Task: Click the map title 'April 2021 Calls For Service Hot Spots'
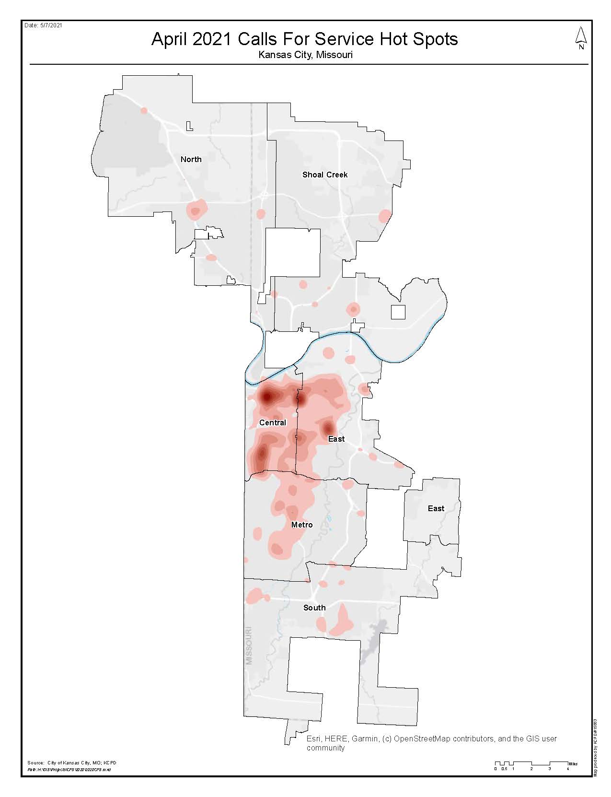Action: click(304, 39)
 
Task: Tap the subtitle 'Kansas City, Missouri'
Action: click(305, 55)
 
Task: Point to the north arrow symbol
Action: click(581, 38)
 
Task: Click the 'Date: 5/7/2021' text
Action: click(43, 25)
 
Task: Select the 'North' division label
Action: click(191, 159)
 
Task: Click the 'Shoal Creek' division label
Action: click(324, 175)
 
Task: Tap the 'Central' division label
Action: click(272, 422)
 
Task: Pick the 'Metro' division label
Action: click(301, 525)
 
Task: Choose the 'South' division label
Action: click(314, 608)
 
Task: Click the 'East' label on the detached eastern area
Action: click(436, 508)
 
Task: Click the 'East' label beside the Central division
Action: click(336, 439)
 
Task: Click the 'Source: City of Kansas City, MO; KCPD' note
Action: click(72, 762)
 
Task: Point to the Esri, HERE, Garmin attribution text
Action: click(431, 743)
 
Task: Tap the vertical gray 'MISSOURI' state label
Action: click(249, 645)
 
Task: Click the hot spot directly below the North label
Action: click(195, 210)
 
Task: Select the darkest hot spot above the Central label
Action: click(266, 397)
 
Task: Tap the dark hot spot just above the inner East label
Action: click(328, 427)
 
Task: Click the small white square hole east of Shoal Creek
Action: click(398, 312)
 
